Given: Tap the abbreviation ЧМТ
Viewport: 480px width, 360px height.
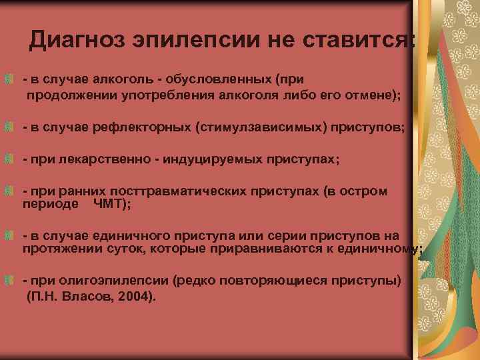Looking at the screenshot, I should [x=109, y=204].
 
